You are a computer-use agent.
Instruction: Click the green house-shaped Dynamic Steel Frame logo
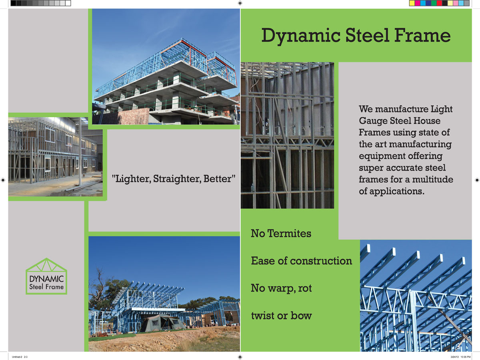tap(46, 276)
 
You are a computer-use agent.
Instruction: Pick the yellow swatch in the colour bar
tap(412, 3)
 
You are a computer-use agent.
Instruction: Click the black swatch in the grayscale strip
tap(14, 3)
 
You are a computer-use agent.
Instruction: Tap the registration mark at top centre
tap(240, 3)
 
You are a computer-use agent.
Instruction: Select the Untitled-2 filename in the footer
tap(16, 356)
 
